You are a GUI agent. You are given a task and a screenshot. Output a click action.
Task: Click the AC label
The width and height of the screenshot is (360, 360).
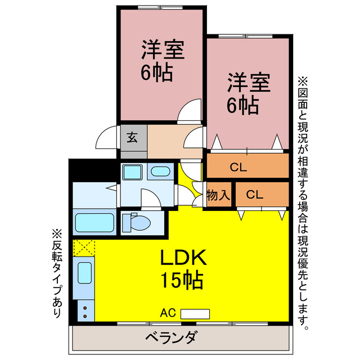coord(168,313)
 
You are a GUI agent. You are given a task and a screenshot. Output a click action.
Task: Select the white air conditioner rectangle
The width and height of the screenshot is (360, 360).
coord(195,313)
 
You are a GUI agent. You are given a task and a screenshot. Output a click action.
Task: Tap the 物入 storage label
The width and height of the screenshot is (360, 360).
coord(218,195)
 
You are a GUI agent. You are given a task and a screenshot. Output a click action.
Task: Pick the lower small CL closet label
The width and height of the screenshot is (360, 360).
coord(254,195)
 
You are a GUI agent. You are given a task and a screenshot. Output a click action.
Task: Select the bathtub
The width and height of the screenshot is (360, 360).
coord(94,223)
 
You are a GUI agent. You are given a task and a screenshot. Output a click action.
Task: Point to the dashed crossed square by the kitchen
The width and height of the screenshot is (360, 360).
coord(84,247)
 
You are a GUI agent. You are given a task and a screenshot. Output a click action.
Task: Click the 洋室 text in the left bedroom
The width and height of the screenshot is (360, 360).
coord(162,52)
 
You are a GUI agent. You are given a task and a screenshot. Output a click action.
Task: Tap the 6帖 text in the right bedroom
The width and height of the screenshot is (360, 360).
coord(243,104)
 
